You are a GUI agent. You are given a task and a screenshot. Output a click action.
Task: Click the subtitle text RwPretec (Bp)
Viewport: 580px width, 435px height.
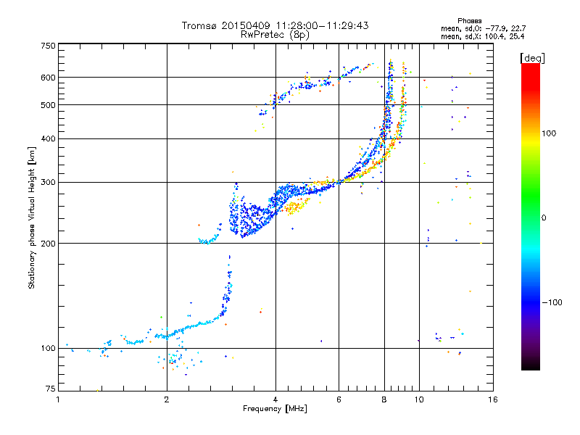274,34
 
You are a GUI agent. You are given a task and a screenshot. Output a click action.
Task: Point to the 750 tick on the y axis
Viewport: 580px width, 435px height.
48,46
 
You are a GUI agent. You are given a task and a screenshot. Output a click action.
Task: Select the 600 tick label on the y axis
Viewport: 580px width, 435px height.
48,78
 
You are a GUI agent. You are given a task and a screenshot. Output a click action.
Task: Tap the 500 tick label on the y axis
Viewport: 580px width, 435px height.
48,105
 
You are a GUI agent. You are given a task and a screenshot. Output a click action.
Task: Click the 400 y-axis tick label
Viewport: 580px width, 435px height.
48,139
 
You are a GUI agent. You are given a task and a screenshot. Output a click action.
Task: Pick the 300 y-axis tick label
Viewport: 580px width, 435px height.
48,183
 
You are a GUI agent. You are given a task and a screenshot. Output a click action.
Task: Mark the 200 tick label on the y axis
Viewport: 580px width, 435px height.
48,244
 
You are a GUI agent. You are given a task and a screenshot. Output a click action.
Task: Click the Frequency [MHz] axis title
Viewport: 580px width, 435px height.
275,409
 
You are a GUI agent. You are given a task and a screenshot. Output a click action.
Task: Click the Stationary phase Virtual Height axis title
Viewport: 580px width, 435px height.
32,217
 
